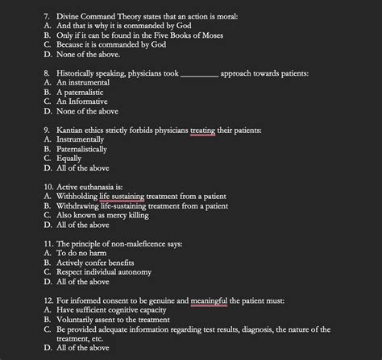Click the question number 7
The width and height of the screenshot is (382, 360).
47,15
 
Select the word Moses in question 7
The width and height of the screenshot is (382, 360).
207,35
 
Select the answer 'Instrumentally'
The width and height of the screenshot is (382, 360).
85,139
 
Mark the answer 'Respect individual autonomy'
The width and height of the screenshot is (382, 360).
106,272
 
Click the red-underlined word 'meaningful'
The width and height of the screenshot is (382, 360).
210,300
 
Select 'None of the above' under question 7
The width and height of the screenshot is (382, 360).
87,54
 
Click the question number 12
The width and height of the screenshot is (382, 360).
49,300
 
